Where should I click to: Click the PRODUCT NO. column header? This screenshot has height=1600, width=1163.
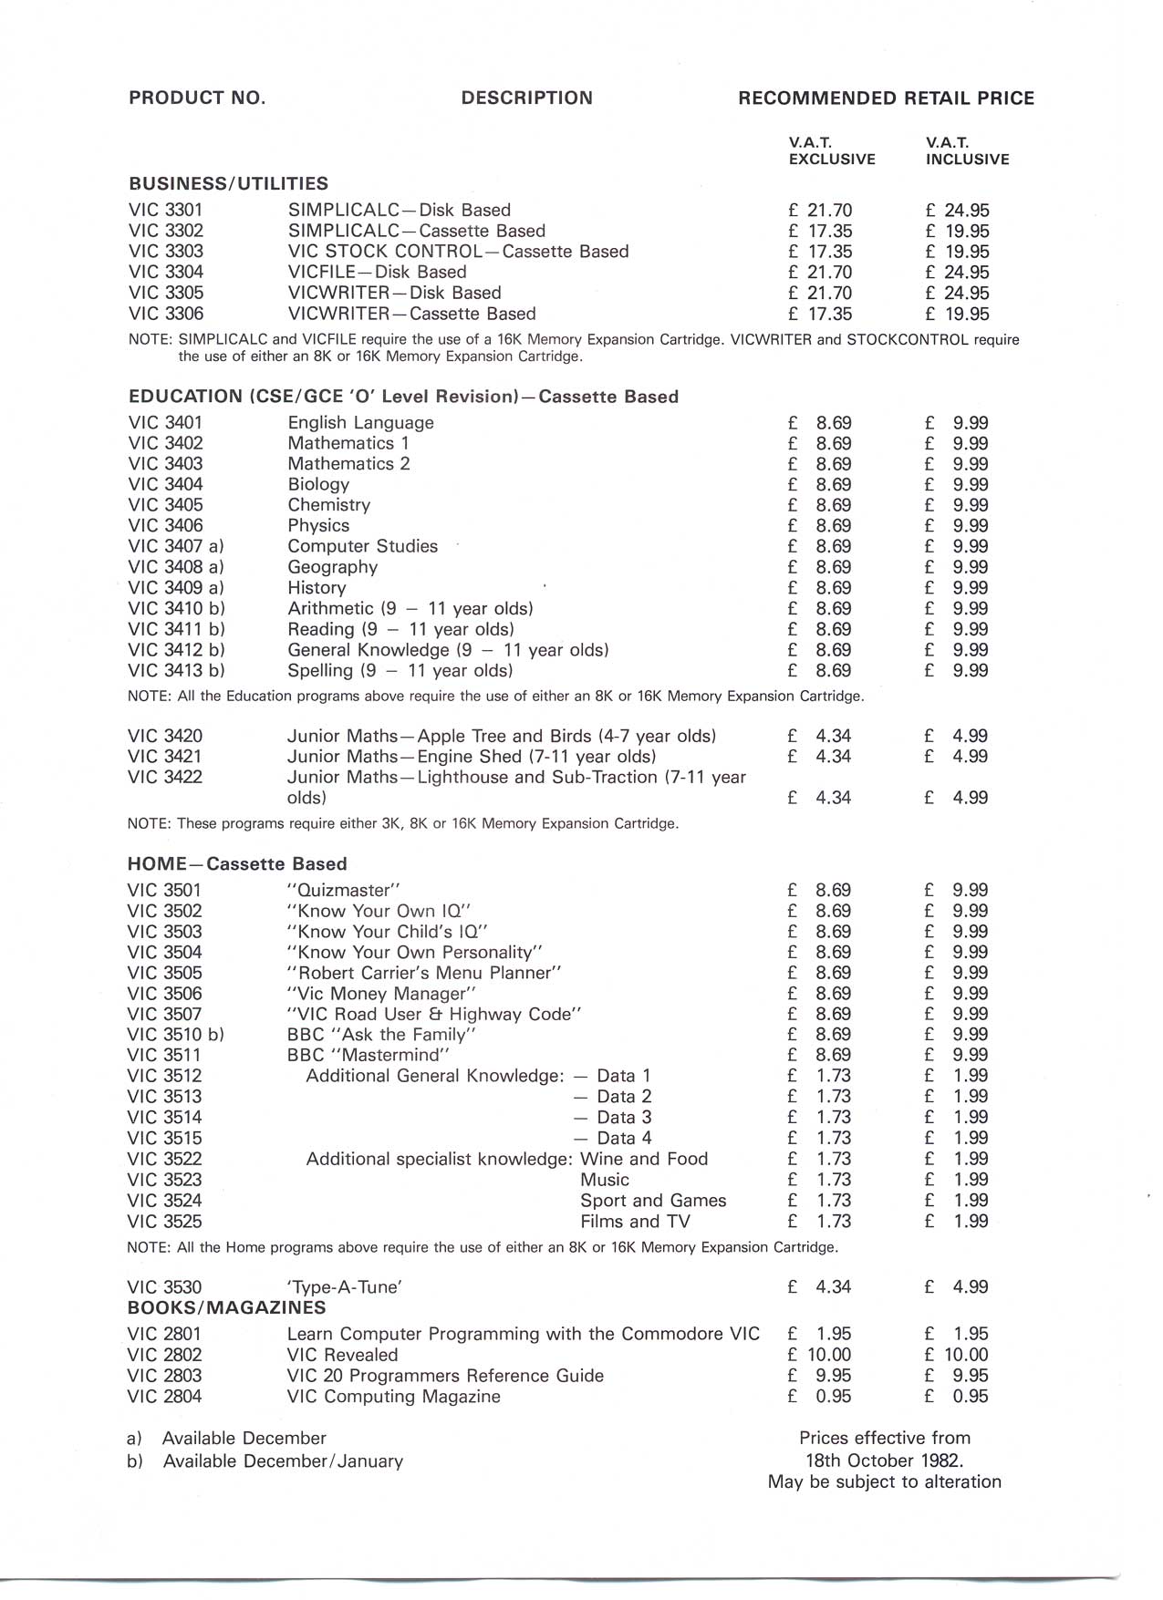click(x=197, y=98)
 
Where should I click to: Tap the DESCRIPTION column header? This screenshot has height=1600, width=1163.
click(x=526, y=98)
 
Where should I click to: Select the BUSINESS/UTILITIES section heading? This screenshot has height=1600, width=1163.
click(x=228, y=184)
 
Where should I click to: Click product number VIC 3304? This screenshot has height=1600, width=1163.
click(x=166, y=273)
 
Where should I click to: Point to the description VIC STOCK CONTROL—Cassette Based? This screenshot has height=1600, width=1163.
click(x=458, y=252)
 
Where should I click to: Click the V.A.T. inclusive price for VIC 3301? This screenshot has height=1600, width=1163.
click(x=957, y=211)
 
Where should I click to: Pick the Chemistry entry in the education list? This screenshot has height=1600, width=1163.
click(x=328, y=505)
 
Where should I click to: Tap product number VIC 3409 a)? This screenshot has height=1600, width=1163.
click(x=176, y=588)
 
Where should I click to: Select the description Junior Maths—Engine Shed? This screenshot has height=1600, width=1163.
click(x=471, y=757)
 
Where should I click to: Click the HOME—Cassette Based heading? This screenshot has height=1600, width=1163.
click(x=237, y=864)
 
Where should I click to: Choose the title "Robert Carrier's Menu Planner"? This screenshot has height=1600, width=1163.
click(x=424, y=974)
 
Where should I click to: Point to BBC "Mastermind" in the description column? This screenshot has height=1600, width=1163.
click(x=369, y=1056)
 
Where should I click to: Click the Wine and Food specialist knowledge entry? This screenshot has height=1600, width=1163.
click(x=644, y=1160)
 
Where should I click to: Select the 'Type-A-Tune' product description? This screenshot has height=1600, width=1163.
click(x=345, y=1287)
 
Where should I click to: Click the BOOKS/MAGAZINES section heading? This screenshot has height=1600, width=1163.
click(x=226, y=1308)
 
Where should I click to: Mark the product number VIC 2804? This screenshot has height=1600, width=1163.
click(x=165, y=1397)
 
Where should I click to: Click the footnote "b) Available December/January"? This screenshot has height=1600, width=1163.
click(x=265, y=1461)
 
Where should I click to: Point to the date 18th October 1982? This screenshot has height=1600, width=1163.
click(x=884, y=1461)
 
